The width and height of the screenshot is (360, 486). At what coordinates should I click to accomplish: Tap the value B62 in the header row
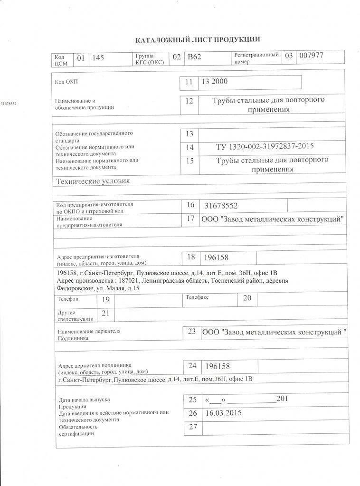click(x=194, y=57)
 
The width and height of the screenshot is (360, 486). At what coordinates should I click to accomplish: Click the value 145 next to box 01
click(x=98, y=57)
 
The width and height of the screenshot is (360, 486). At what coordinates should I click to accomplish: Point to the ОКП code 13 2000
click(x=215, y=81)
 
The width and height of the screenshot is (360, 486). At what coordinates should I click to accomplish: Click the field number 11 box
click(x=189, y=82)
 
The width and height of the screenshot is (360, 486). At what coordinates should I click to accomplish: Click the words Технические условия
click(x=93, y=181)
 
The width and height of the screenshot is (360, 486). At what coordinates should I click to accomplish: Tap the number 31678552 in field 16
click(x=220, y=205)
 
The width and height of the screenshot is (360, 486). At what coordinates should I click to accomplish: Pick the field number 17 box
click(x=191, y=219)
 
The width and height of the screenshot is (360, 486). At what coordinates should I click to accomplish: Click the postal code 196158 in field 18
click(x=216, y=257)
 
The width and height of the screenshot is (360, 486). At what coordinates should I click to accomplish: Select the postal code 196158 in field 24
click(x=217, y=366)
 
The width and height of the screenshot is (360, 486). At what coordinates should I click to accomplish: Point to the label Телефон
click(x=68, y=299)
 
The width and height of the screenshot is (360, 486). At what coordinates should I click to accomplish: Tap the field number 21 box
click(x=105, y=313)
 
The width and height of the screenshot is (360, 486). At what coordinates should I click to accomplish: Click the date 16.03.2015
click(x=221, y=413)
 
